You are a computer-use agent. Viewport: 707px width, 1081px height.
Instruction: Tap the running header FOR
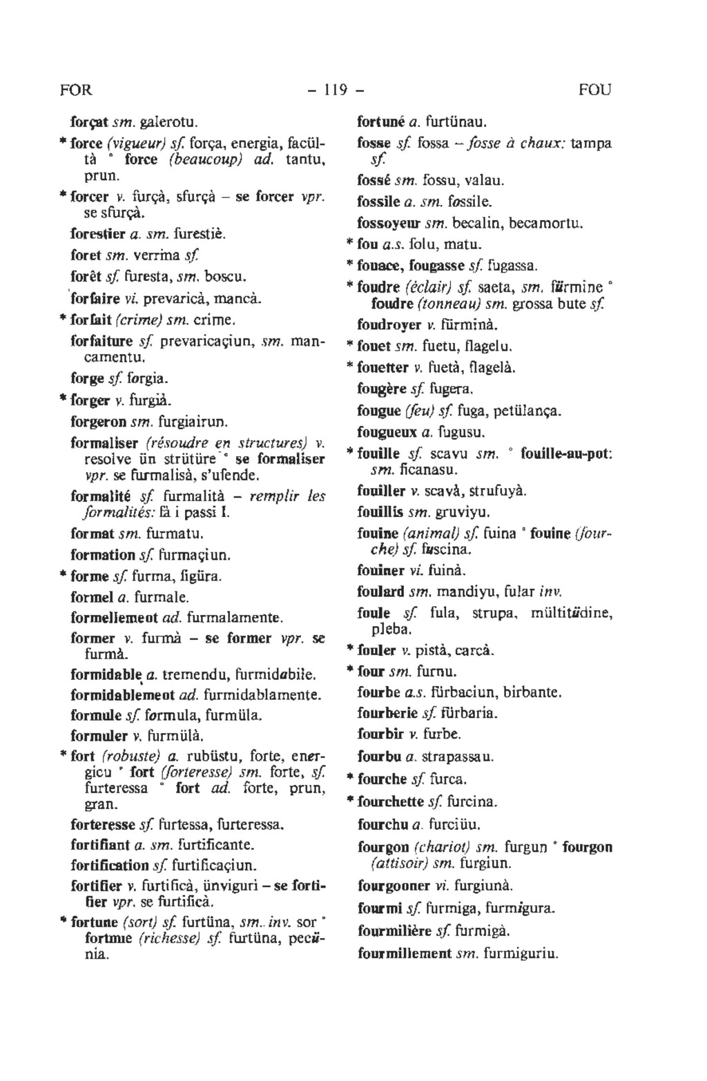tap(76, 90)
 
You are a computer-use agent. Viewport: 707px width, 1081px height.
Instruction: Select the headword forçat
tap(89, 124)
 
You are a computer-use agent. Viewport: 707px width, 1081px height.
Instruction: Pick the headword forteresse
tap(103, 824)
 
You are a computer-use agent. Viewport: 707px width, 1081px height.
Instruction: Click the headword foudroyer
tap(389, 324)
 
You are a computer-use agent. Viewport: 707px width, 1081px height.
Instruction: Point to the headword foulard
tap(380, 592)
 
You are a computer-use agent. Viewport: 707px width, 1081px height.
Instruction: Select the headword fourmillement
tap(405, 954)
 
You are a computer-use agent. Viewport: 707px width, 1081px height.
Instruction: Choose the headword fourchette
tap(390, 801)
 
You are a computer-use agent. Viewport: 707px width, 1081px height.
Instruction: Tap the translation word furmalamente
tap(235, 617)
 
